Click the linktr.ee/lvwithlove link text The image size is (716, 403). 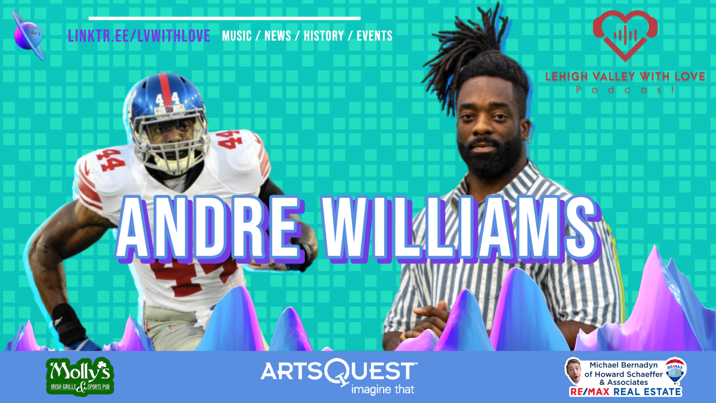point(139,36)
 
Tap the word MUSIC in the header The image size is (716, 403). point(237,36)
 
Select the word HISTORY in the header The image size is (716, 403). point(324,36)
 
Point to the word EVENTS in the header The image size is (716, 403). point(374,36)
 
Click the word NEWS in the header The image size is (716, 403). point(278,36)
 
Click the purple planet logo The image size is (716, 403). point(29,35)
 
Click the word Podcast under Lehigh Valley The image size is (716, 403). point(625,90)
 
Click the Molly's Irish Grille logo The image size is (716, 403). point(80,377)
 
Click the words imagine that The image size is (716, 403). point(382,389)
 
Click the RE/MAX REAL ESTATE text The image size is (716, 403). point(625,392)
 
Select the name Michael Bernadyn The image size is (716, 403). point(624,365)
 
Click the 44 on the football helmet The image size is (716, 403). point(167,98)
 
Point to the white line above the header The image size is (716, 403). point(224,18)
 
